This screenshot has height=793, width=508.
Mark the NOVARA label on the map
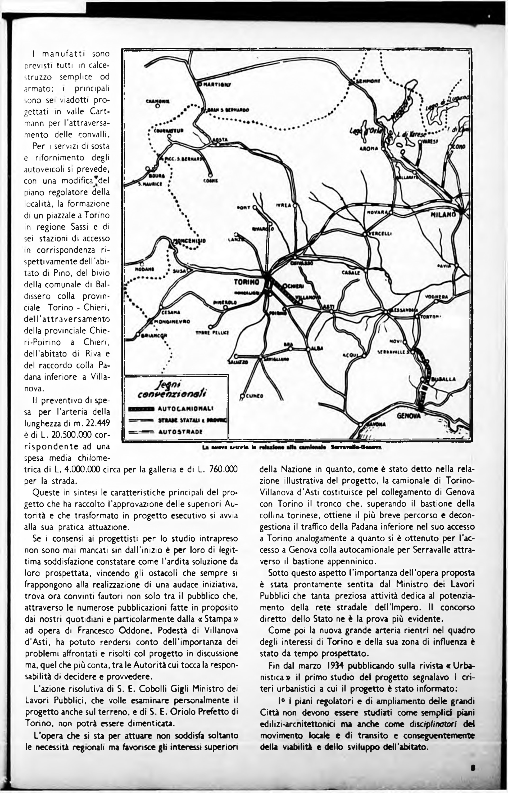pos(377,213)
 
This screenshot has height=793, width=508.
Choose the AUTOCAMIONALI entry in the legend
pos(185,408)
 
